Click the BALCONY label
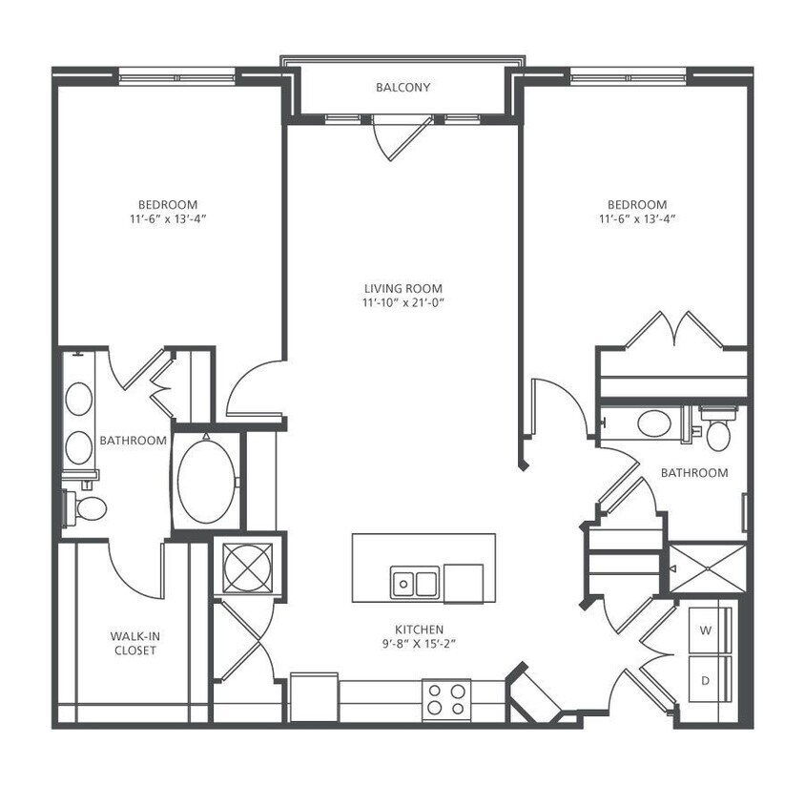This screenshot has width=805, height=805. coord(402,88)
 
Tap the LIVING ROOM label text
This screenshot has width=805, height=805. coord(402,288)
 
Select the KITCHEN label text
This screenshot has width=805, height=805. coord(418,630)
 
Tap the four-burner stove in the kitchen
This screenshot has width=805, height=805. coord(446,698)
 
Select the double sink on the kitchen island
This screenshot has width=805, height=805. coord(414,581)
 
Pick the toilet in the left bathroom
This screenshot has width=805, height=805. coord(87,506)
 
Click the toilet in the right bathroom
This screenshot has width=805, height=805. coord(717,431)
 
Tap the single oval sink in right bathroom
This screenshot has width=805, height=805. coord(654,423)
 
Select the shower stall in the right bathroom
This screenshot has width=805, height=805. coord(707,569)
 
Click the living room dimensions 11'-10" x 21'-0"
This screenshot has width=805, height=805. coord(402,303)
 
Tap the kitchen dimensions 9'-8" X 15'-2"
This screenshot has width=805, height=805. coord(418,645)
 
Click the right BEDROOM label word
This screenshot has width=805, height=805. coord(637,204)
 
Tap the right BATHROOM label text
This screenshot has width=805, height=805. coord(694,472)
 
